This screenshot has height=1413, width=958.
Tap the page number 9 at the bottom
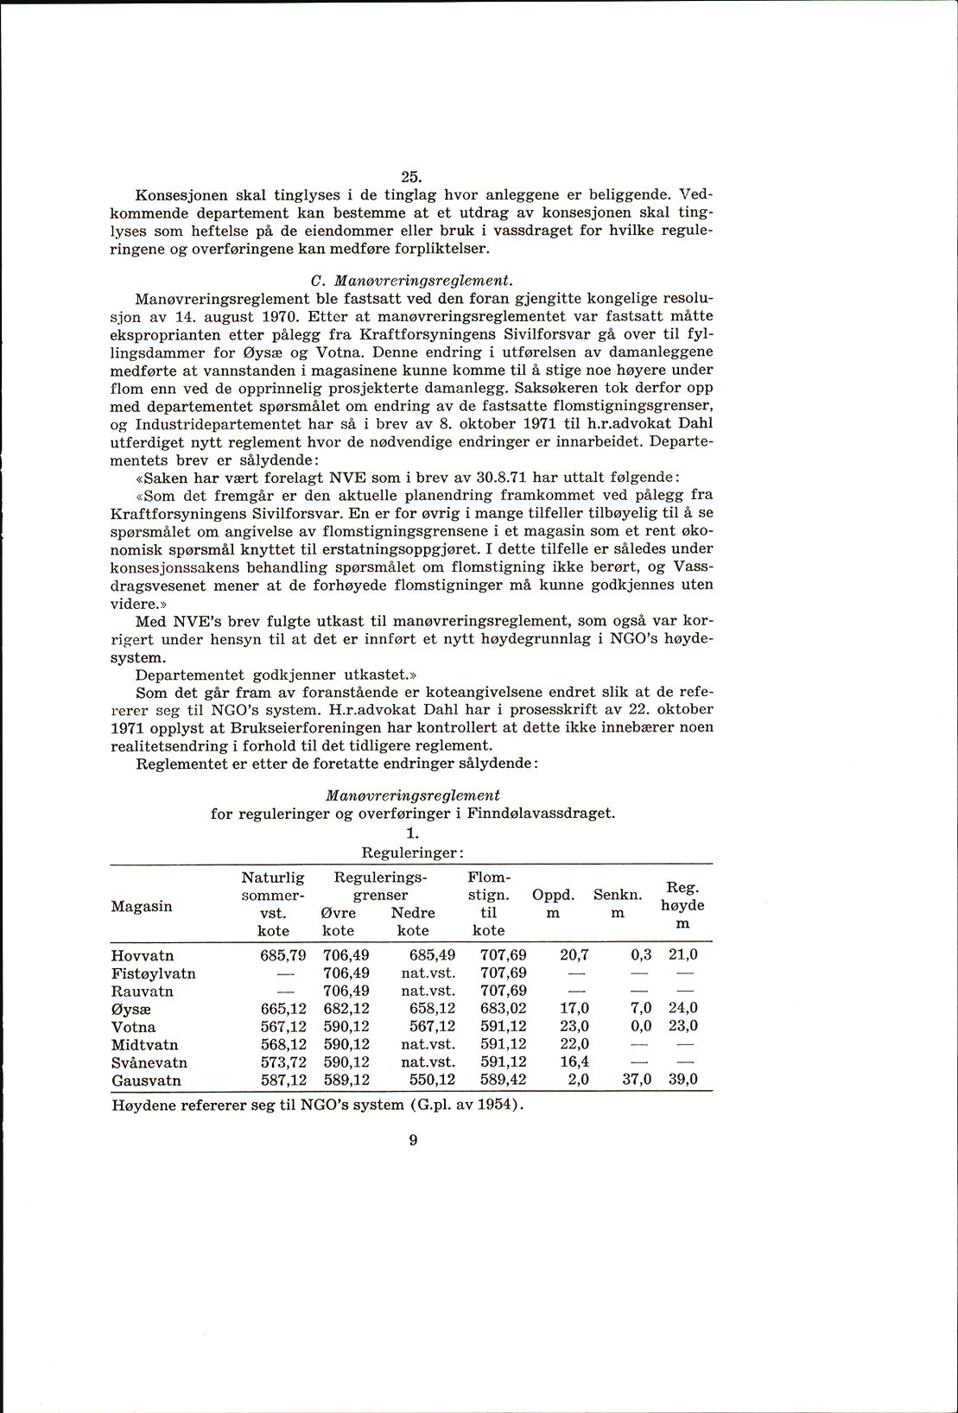click(x=412, y=1140)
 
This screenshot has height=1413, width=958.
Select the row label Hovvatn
click(x=143, y=955)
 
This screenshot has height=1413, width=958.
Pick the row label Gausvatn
click(x=146, y=1080)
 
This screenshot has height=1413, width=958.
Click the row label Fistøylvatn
click(x=154, y=973)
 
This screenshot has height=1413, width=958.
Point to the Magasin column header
click(x=142, y=906)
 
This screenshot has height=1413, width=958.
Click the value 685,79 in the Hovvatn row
click(x=283, y=955)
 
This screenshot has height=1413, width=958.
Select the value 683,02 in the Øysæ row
click(x=503, y=1009)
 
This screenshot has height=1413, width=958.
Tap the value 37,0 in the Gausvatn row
click(x=638, y=1080)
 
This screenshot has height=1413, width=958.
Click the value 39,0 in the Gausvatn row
click(x=683, y=1080)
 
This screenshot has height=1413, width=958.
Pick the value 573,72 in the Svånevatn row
click(x=283, y=1062)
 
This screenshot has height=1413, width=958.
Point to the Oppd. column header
click(x=554, y=896)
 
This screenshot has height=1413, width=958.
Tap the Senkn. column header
click(x=617, y=896)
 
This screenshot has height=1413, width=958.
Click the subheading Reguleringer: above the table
click(x=412, y=852)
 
